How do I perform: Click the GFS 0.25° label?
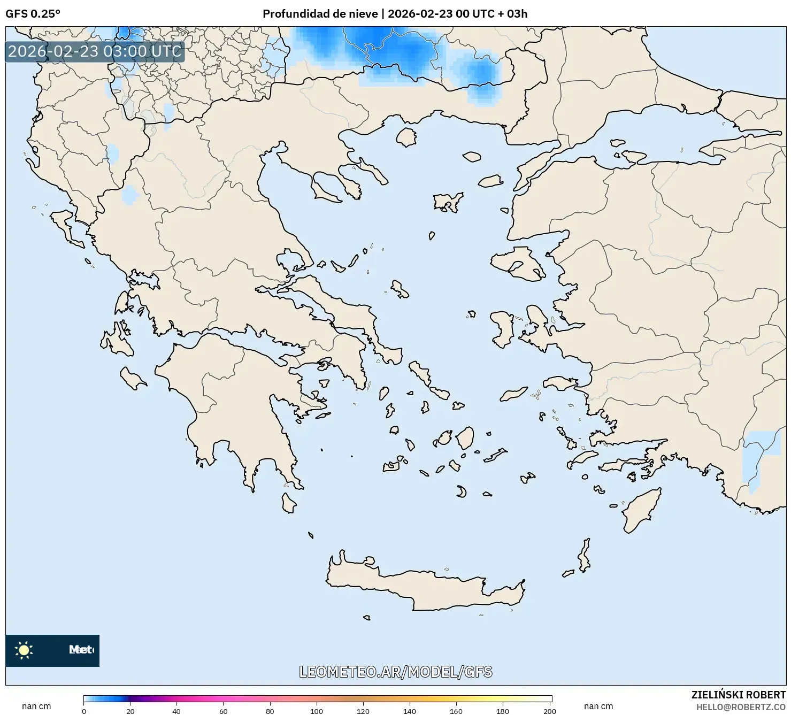(x=33, y=14)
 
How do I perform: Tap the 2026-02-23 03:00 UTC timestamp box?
(x=95, y=51)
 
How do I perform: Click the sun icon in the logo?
(x=24, y=650)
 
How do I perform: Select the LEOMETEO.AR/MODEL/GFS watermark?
(x=395, y=672)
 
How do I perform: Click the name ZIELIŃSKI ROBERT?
(x=739, y=695)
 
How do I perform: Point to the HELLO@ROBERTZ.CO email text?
(x=741, y=707)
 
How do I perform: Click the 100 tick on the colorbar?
(x=317, y=711)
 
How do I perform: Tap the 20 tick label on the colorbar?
(x=130, y=711)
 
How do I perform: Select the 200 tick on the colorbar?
(x=549, y=711)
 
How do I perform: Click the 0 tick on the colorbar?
(x=84, y=711)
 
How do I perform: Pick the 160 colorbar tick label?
(x=456, y=711)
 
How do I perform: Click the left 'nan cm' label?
(x=36, y=706)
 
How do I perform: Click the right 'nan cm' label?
(x=598, y=706)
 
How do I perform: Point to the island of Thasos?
(x=406, y=137)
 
